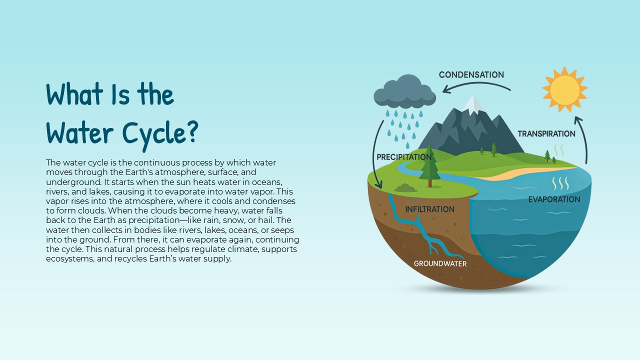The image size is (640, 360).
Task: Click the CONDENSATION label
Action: [x=471, y=75]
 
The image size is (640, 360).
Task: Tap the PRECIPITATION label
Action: [x=403, y=157]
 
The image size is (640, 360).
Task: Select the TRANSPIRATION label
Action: [x=546, y=134]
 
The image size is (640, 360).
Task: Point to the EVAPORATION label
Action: [x=554, y=199]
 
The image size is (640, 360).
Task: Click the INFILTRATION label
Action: [x=429, y=209]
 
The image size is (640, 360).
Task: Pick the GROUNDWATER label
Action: [x=440, y=263]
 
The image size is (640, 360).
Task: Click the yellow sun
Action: [x=564, y=90]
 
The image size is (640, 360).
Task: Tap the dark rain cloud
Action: [x=404, y=92]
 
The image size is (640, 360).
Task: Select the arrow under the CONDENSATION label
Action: [x=475, y=86]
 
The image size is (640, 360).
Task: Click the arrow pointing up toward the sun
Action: [x=584, y=140]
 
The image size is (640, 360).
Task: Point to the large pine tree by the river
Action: [x=429, y=165]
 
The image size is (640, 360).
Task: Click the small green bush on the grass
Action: [x=405, y=188]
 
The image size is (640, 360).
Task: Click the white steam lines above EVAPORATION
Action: [x=560, y=183]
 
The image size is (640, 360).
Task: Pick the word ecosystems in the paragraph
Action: [x=69, y=258]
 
